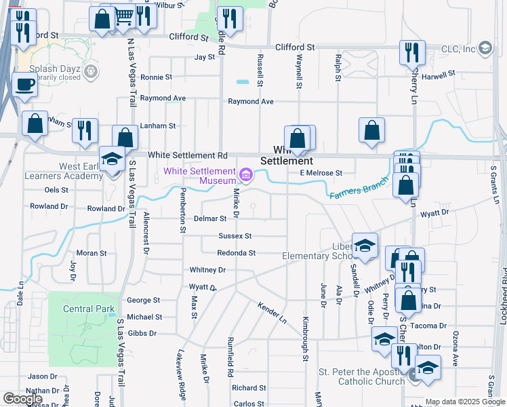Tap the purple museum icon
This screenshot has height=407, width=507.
246,176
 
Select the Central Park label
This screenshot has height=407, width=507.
88,309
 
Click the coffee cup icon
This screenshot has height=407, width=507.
25,85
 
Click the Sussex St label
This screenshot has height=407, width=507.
235,236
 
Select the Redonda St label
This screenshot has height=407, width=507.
236,253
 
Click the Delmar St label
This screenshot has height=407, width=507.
210,219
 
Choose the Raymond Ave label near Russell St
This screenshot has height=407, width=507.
250,102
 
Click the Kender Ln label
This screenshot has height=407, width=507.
272,313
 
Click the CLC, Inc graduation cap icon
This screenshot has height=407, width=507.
485,48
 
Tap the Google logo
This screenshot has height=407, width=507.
23,399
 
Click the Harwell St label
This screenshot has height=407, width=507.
437,75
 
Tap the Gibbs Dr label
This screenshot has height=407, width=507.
142,333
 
